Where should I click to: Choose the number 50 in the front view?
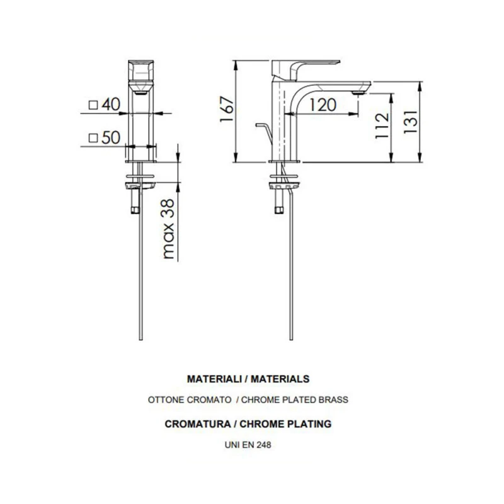[x=111, y=139]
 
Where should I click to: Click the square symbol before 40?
[x=93, y=105]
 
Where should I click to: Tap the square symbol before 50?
[x=93, y=139]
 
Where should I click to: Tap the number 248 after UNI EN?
[x=264, y=444]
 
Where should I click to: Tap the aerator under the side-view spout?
[x=358, y=92]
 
